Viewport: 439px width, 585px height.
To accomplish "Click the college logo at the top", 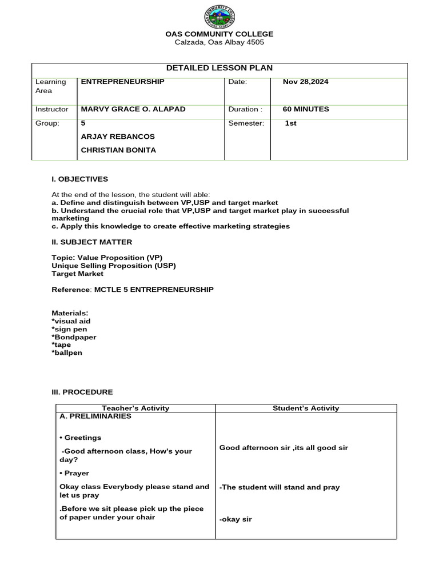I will [x=219, y=17].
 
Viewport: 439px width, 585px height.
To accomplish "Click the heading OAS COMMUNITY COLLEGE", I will [x=219, y=34].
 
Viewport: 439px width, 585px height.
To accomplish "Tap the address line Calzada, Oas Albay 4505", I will [x=219, y=42].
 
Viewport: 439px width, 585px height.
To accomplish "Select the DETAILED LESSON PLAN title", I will [x=219, y=68].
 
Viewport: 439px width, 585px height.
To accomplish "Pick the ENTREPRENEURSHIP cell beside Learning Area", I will [x=122, y=82].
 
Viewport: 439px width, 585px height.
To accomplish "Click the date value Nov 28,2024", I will [x=305, y=82].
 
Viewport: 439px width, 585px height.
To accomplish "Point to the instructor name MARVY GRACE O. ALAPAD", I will [x=133, y=109].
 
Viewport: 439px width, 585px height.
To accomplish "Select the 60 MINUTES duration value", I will [x=306, y=109].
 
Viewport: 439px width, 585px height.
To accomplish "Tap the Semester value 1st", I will [x=290, y=123].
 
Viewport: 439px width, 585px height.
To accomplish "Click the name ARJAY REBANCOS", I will [x=118, y=137].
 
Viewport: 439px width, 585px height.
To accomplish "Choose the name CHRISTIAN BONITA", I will [x=118, y=150].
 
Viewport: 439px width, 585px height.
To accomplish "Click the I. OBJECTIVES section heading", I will [x=79, y=179].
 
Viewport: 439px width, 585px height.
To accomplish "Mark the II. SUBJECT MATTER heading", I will [x=91, y=242].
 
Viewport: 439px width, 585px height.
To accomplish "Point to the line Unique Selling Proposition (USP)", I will [x=114, y=266].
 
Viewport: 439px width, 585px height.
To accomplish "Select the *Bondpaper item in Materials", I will [x=74, y=337].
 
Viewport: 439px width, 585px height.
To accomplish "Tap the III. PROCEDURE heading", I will [x=82, y=392].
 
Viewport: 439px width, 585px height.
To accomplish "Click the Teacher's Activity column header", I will [x=135, y=408].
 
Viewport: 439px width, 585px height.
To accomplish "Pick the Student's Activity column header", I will [x=306, y=408].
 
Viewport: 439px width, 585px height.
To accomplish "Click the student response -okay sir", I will [x=236, y=519].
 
